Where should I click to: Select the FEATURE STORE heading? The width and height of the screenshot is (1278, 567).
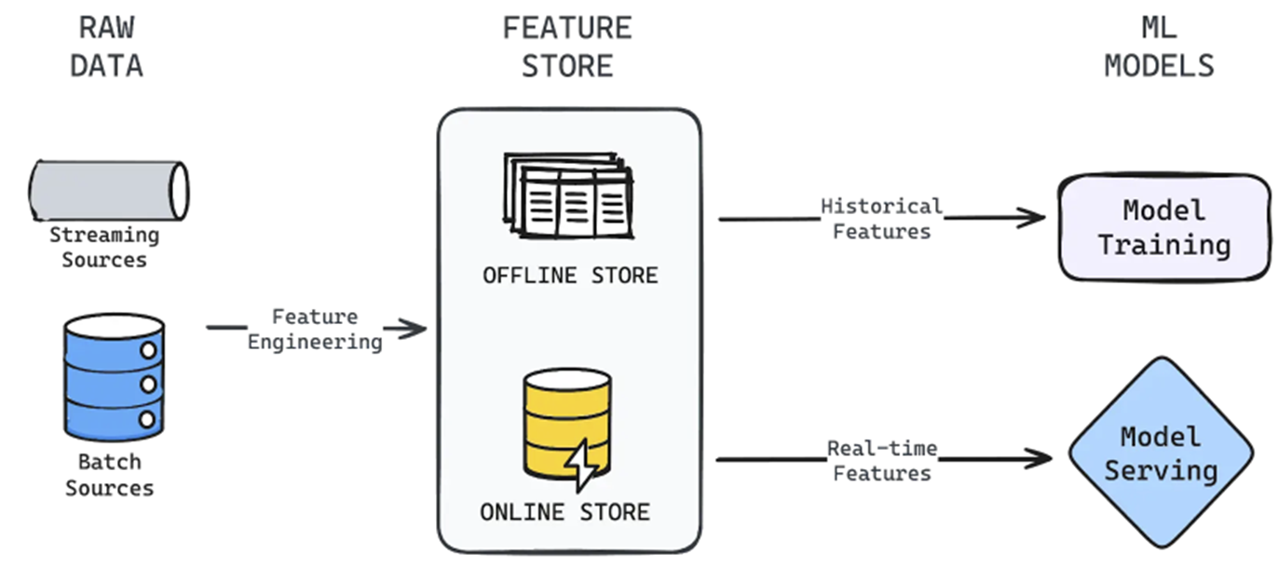click(x=567, y=47)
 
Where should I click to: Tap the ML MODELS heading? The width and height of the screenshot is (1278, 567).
click(x=1159, y=47)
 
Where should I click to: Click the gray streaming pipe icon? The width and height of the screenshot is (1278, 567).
click(x=108, y=190)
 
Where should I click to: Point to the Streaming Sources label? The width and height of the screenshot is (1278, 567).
click(x=104, y=248)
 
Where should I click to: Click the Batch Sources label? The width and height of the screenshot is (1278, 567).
click(x=109, y=475)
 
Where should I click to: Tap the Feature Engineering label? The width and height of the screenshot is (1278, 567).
click(x=315, y=330)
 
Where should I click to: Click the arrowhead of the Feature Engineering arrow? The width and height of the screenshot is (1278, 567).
click(x=414, y=328)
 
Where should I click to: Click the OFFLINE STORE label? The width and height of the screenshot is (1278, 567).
click(x=569, y=276)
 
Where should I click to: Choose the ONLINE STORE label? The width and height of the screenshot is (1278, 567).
click(x=564, y=512)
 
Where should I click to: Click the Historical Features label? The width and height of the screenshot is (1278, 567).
click(x=881, y=219)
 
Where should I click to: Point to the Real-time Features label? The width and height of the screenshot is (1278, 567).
click(x=881, y=461)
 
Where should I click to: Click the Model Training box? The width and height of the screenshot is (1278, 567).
click(x=1163, y=227)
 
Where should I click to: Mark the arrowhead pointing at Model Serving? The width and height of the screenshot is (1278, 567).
click(x=1039, y=459)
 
